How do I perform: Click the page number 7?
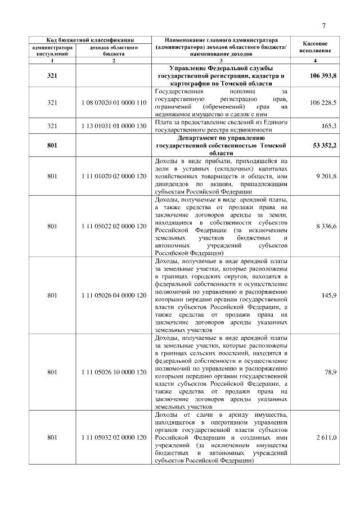(324, 25)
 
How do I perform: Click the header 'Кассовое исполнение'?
(316, 47)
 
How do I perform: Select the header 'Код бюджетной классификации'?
(89, 40)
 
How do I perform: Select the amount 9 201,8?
(326, 176)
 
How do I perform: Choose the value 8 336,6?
(326, 226)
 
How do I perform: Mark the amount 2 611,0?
(326, 437)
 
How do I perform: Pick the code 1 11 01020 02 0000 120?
(114, 176)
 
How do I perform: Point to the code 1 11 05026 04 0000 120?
(114, 295)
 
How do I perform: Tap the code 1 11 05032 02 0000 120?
(114, 437)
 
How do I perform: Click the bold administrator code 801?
(52, 145)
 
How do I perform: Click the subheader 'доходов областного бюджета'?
(114, 51)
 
